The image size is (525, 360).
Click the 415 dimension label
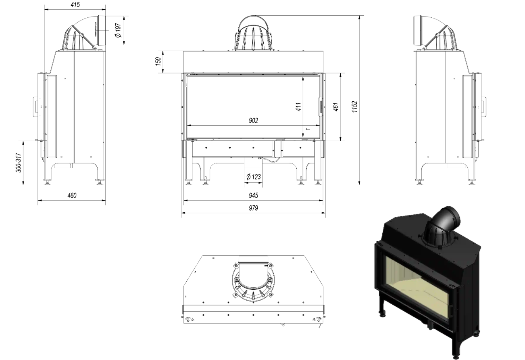click(75, 5)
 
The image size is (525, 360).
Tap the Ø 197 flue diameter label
click(118, 30)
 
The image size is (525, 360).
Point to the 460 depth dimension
click(71, 196)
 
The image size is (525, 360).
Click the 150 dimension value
click(158, 61)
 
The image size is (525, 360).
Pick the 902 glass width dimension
click(253, 120)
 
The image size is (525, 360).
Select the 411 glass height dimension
click(298, 107)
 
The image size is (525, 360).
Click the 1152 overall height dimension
click(354, 107)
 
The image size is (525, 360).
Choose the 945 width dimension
click(253, 196)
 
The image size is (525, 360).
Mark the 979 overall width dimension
click(253, 208)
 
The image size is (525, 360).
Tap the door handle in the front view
click(321, 106)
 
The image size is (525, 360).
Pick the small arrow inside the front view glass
click(308, 129)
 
